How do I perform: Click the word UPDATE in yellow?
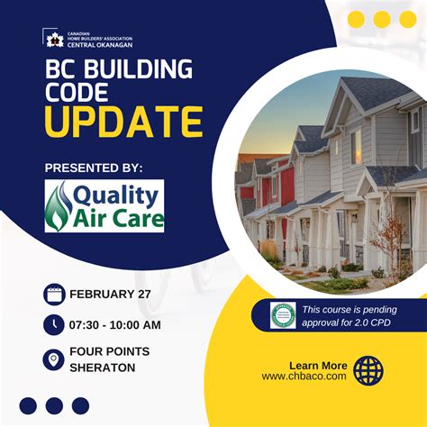tap(123, 123)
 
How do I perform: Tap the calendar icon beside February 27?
tap(53, 295)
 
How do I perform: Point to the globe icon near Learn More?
tap(368, 370)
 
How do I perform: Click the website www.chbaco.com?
tap(304, 377)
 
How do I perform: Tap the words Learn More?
tap(318, 365)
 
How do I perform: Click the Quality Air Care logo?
tap(104, 205)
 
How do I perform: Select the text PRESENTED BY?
tap(94, 168)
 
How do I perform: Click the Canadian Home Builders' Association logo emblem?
tap(52, 39)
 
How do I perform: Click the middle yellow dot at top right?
tap(381, 20)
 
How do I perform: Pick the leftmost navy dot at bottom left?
tap(29, 405)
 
